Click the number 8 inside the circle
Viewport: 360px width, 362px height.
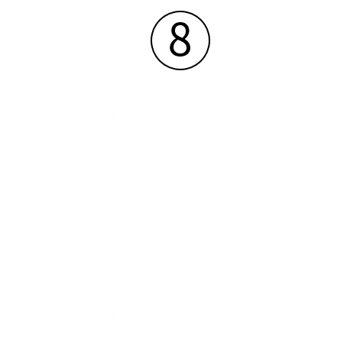pyautogui.click(x=180, y=39)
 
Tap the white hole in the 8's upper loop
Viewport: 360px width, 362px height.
pyautogui.click(x=180, y=31)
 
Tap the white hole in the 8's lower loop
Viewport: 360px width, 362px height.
pyautogui.click(x=180, y=47)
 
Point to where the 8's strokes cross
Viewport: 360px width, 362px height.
pyautogui.click(x=180, y=37)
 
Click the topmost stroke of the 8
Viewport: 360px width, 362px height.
pyautogui.click(x=180, y=24)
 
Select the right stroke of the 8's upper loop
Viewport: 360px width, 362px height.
pyautogui.click(x=187, y=31)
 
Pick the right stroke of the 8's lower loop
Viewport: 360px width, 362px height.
pyautogui.click(x=189, y=47)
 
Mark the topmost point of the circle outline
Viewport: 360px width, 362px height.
pyautogui.click(x=180, y=11)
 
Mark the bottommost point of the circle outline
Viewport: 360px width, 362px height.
pyautogui.click(x=180, y=69)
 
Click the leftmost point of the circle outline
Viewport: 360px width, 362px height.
pyautogui.click(x=151, y=40)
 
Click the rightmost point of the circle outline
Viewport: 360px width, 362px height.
pyautogui.click(x=209, y=40)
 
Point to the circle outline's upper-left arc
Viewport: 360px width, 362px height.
pyautogui.click(x=160, y=20)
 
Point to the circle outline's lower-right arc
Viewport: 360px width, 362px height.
pyautogui.click(x=201, y=60)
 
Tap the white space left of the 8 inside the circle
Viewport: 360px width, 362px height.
pyautogui.click(x=161, y=40)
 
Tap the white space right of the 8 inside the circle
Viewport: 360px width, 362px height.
pyautogui.click(x=200, y=40)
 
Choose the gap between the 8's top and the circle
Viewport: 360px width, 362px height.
pyautogui.click(x=180, y=17)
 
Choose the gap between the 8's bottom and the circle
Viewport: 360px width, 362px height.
pyautogui.click(x=180, y=62)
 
